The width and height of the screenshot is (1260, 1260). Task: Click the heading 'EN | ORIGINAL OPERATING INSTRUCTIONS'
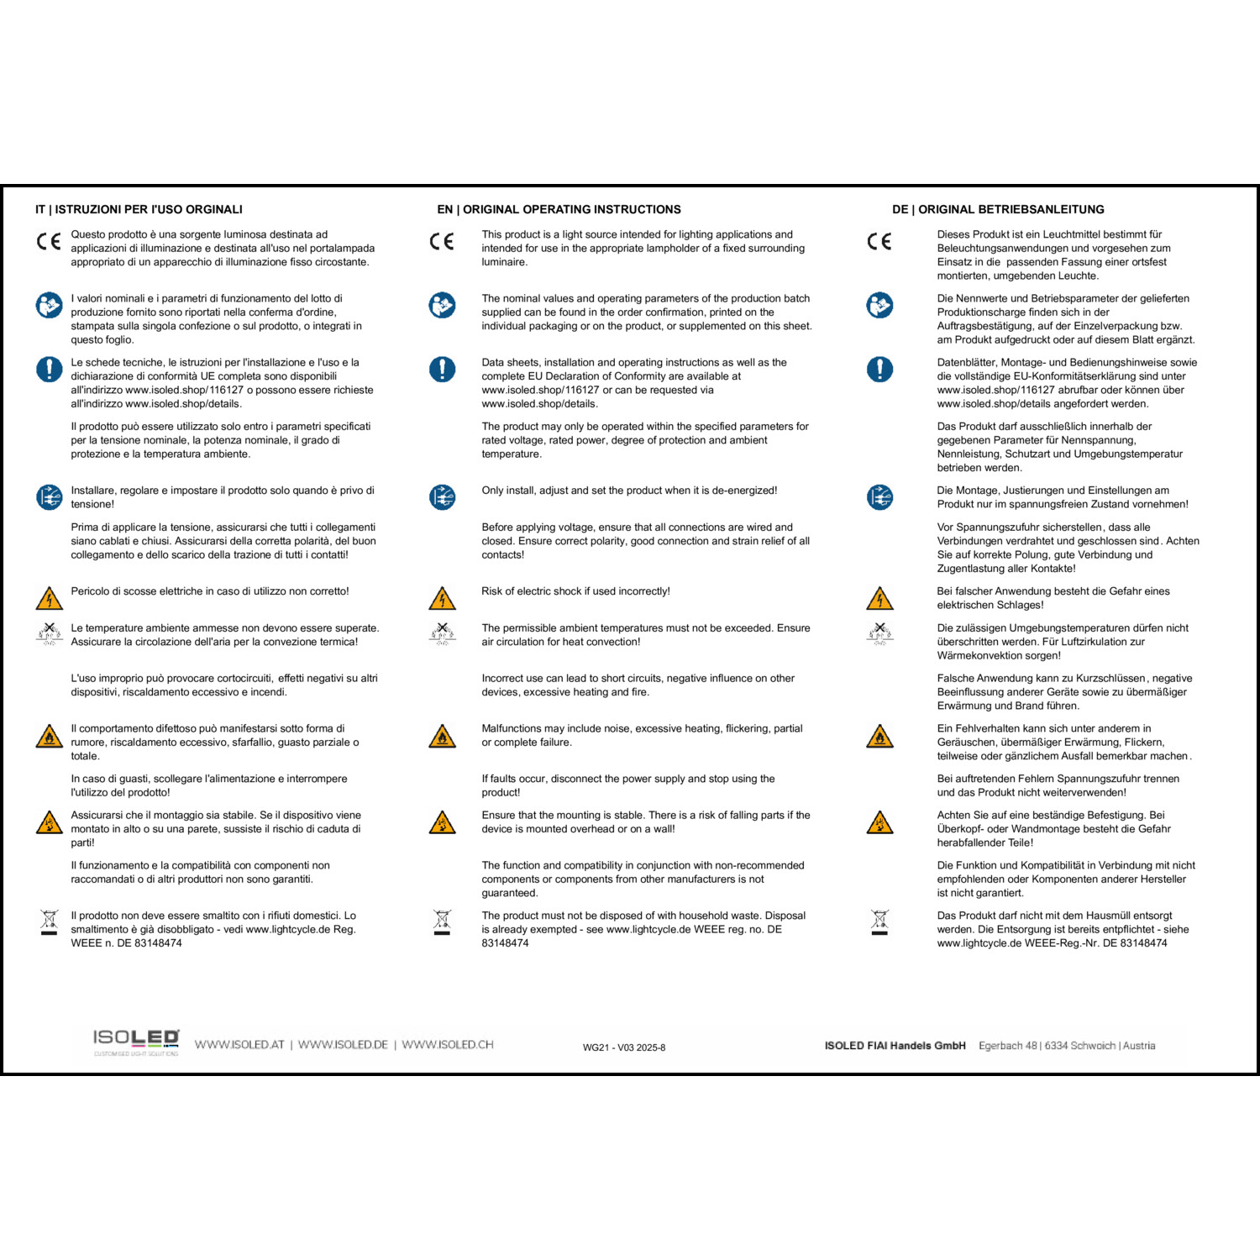click(559, 209)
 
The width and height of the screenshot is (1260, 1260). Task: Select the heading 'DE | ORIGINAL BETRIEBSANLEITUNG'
click(998, 209)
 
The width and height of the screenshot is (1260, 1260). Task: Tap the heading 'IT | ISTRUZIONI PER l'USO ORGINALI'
click(139, 209)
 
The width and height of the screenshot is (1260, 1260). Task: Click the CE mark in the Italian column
click(49, 242)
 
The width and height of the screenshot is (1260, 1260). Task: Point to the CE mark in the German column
click(879, 242)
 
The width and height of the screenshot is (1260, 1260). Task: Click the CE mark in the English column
click(442, 242)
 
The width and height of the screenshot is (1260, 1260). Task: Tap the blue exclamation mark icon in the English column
click(442, 369)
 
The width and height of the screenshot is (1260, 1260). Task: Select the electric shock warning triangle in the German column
click(879, 599)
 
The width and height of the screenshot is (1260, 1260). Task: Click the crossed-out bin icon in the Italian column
click(50, 921)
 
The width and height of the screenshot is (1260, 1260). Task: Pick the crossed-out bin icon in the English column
click(442, 921)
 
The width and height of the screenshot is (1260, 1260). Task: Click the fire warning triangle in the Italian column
click(50, 737)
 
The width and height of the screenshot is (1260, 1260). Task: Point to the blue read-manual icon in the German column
click(879, 305)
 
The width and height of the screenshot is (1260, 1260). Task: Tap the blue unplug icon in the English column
click(442, 497)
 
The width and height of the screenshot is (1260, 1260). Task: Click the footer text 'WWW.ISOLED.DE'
click(343, 1045)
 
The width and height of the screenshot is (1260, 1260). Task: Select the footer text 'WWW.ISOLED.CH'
click(447, 1045)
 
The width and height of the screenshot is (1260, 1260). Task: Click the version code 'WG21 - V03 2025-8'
click(624, 1047)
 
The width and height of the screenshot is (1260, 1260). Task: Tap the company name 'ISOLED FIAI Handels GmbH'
click(895, 1046)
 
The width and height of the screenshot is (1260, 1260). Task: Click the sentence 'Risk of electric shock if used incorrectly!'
click(575, 591)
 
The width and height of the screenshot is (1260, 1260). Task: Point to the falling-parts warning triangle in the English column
click(442, 822)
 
